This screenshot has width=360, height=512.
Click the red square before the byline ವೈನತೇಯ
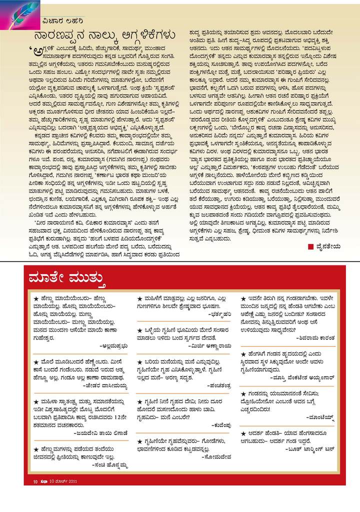(311, 246)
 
